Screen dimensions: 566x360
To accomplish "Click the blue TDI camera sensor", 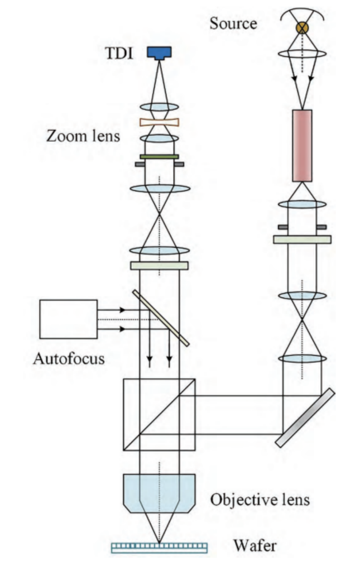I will (159, 53).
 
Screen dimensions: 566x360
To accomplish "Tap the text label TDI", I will (119, 53).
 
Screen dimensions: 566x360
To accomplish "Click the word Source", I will (233, 23).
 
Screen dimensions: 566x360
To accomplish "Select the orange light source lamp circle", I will (302, 27).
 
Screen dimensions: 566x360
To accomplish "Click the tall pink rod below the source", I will (302, 145).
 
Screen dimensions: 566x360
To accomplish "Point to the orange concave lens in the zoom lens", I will (159, 122).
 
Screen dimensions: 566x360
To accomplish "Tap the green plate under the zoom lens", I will (159, 157).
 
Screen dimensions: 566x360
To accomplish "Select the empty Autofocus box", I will (68, 319).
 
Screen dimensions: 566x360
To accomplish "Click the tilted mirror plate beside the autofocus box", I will (160, 316).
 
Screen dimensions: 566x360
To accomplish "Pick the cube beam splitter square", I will (159, 414).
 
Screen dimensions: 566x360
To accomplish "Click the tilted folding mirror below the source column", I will (305, 418).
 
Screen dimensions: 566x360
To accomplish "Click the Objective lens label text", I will (260, 499).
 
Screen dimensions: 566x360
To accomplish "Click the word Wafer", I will (255, 545).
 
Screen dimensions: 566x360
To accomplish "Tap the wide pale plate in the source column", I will (302, 239).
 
